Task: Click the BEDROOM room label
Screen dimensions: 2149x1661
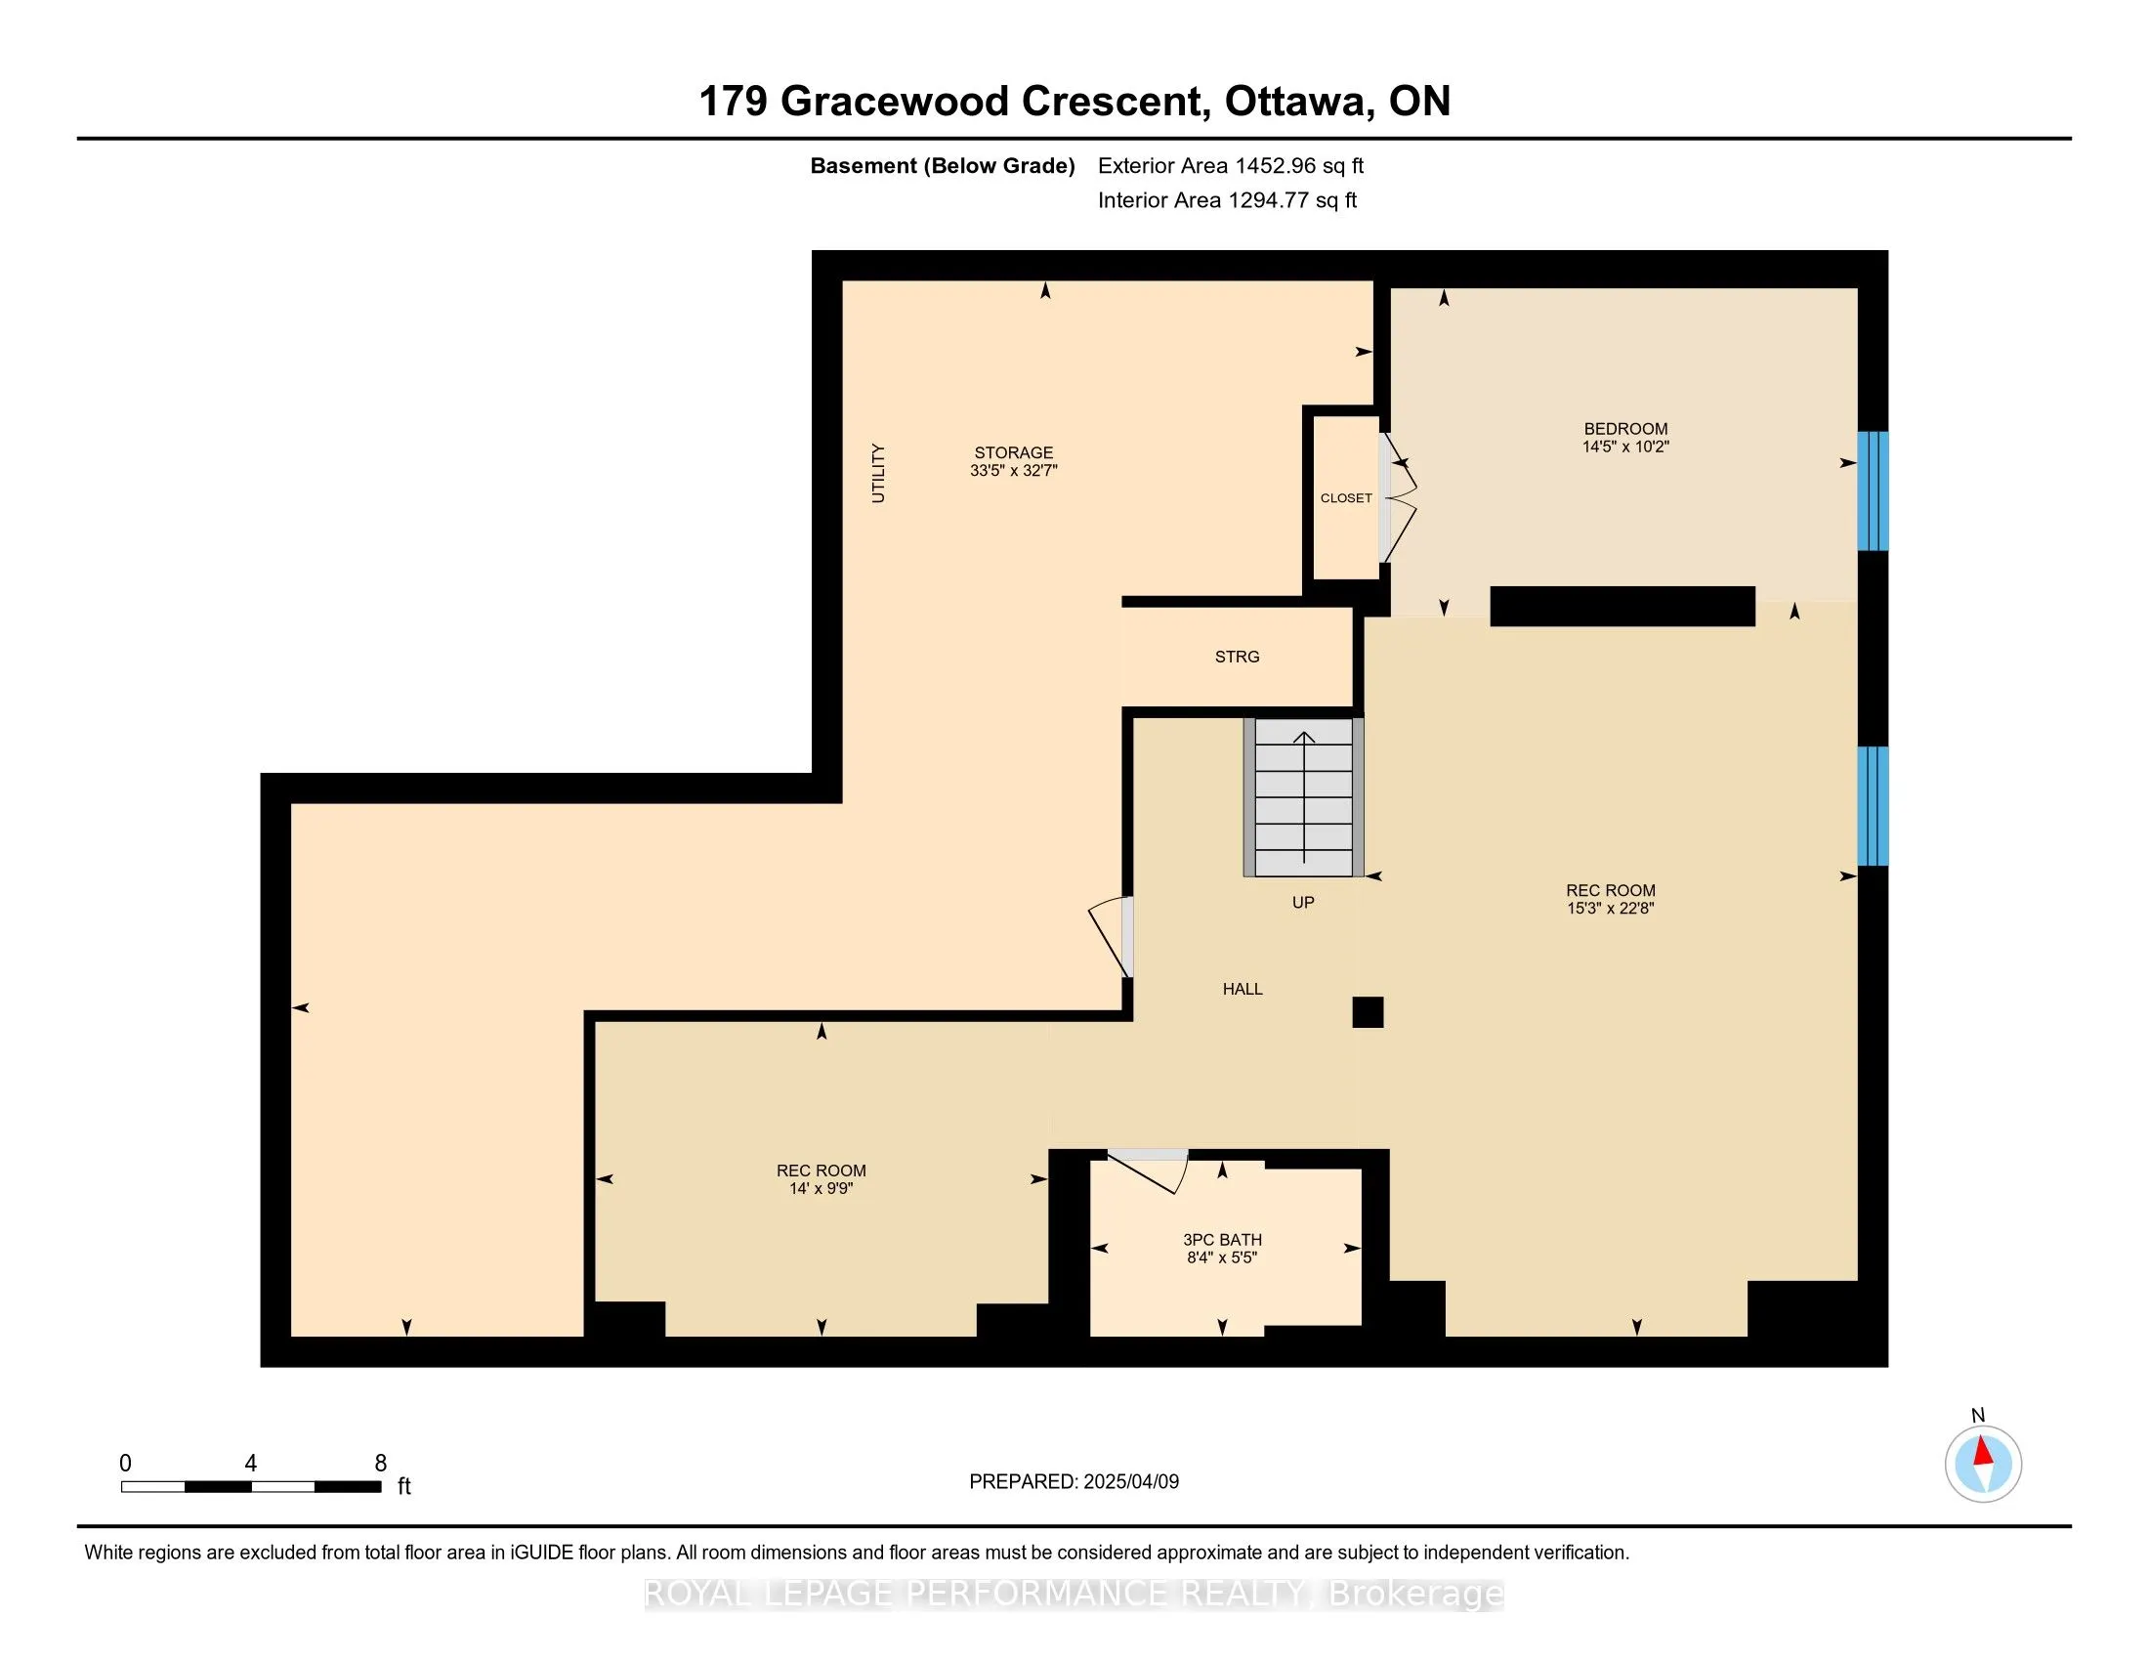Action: pos(1625,429)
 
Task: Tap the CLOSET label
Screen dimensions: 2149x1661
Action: pos(1346,498)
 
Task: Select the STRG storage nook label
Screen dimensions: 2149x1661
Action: pos(1237,657)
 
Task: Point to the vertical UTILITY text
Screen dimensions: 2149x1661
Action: pos(879,473)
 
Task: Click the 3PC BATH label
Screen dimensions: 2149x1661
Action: pos(1222,1240)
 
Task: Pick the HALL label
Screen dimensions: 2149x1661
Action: pos(1243,989)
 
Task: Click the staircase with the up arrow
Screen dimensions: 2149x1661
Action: pos(1304,797)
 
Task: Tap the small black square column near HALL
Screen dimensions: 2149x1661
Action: pos(1368,1012)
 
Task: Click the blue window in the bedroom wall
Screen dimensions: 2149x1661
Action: pos(1873,491)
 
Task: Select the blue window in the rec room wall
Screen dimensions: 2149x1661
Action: pos(1873,806)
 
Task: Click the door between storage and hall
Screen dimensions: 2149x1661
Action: pos(1113,937)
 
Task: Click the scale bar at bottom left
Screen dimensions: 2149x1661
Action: pos(251,1487)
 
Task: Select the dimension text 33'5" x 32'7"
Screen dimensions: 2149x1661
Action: pos(1014,471)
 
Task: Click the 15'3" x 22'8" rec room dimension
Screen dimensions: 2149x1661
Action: pos(1611,910)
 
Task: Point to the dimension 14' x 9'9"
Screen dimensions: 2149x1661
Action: pos(822,1189)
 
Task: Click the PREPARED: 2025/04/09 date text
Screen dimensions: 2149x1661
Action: pos(1074,1481)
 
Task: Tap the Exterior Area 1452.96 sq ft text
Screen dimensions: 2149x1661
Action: pos(1231,165)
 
